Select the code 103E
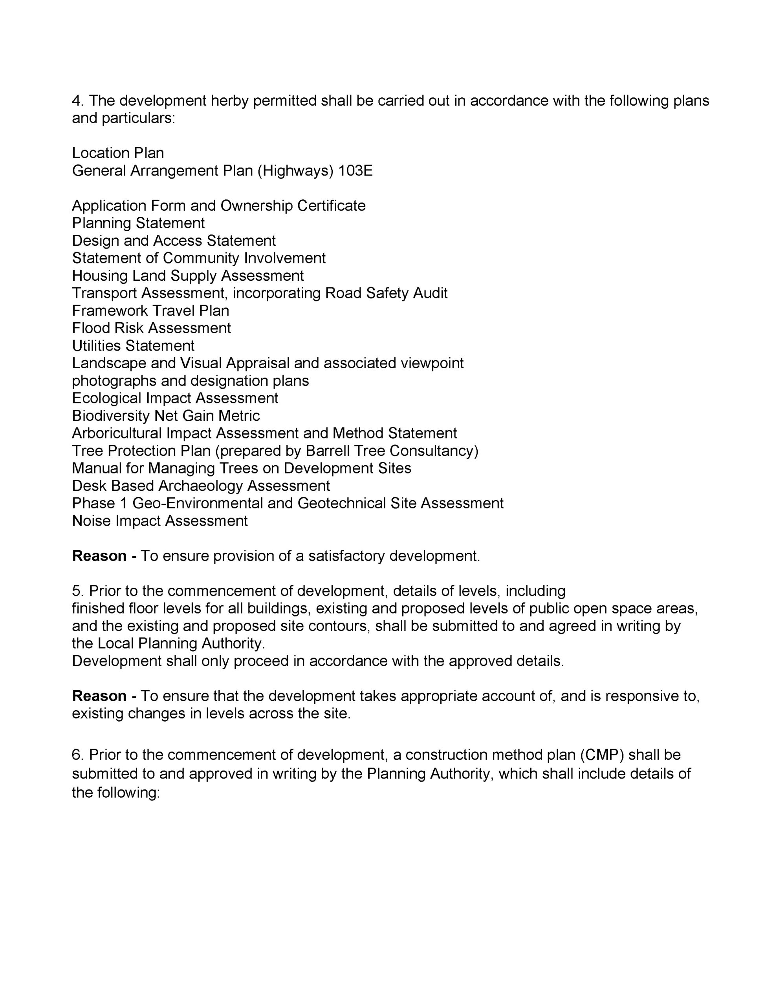(355, 171)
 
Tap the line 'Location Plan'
(118, 153)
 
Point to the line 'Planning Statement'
(138, 223)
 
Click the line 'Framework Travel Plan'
(150, 311)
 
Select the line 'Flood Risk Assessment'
(152, 329)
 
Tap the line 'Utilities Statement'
(133, 346)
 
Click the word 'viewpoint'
(432, 364)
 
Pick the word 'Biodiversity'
(110, 416)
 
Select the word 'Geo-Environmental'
(198, 503)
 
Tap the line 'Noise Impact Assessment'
(160, 521)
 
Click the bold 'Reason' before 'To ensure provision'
(99, 556)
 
